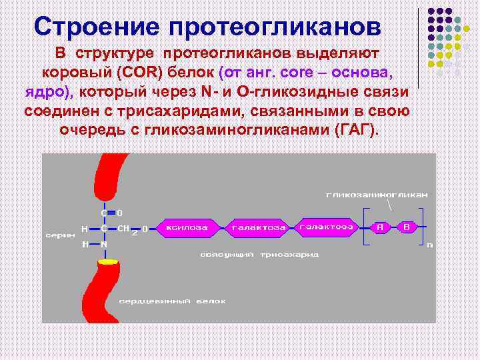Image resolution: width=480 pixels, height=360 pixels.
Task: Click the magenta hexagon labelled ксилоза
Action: [187, 228]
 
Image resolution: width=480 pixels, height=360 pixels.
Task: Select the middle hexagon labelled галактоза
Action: [259, 228]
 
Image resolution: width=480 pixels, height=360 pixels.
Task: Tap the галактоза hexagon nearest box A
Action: [326, 227]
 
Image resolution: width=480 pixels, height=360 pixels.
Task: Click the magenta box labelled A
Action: [380, 227]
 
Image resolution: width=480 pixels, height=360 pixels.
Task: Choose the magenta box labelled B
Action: [407, 227]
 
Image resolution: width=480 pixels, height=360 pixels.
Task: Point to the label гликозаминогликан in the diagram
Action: [377, 195]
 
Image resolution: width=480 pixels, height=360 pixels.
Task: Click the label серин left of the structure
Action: [60, 235]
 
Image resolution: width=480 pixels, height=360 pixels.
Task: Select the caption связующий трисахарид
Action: [259, 254]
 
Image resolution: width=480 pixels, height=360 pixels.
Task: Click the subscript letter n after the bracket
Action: [429, 245]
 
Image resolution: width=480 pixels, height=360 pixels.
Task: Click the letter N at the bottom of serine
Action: [104, 245]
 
